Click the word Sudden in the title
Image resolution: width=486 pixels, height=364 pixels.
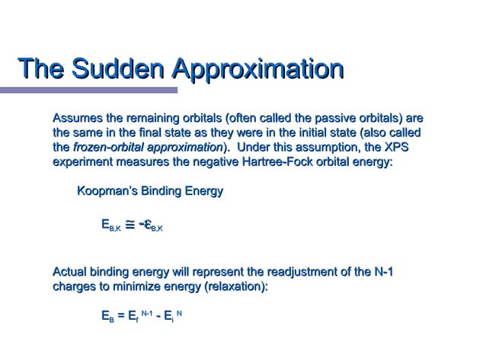[x=121, y=69]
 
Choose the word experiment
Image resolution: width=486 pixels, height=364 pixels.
[x=82, y=161]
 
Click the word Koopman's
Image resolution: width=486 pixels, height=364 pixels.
[x=106, y=191]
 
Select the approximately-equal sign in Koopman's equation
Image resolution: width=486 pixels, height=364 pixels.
[x=130, y=224]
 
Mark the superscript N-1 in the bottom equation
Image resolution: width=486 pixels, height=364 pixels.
[x=149, y=312]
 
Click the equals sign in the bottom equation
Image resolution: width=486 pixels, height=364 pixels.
[x=119, y=316]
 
